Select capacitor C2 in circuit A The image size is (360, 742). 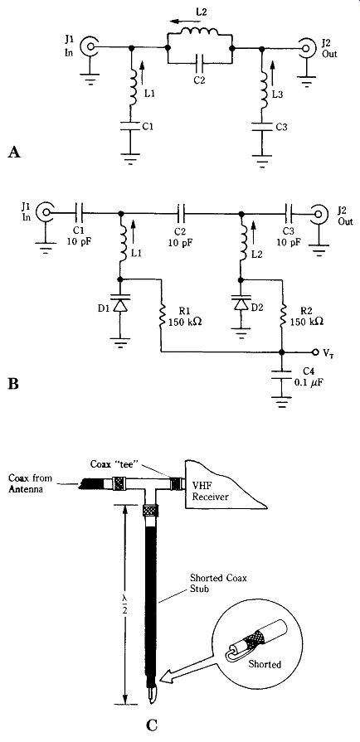point(199,61)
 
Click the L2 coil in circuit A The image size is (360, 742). point(199,32)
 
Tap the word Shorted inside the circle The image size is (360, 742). point(265,664)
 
